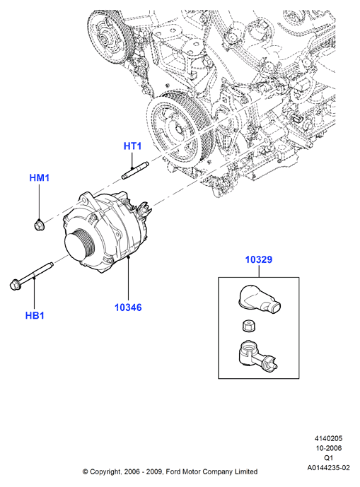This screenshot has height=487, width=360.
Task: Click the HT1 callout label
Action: pyautogui.click(x=132, y=146)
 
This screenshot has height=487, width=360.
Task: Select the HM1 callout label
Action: pyautogui.click(x=40, y=177)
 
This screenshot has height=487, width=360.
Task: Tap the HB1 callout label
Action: pyautogui.click(x=35, y=315)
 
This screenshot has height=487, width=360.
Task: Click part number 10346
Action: pyautogui.click(x=128, y=307)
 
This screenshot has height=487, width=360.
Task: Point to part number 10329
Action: pyautogui.click(x=259, y=259)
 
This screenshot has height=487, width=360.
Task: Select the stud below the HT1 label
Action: pyautogui.click(x=134, y=171)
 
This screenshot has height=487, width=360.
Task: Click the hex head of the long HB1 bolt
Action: pyautogui.click(x=15, y=285)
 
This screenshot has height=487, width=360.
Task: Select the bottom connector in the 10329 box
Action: pyautogui.click(x=257, y=356)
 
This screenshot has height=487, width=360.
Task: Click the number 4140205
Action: pyautogui.click(x=328, y=438)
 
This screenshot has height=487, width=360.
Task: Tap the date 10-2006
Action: pyautogui.click(x=328, y=448)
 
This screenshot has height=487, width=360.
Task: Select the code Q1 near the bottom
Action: pyautogui.click(x=328, y=458)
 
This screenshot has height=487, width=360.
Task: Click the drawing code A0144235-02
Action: pyautogui.click(x=328, y=467)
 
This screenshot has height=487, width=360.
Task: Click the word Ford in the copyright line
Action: pyautogui.click(x=173, y=471)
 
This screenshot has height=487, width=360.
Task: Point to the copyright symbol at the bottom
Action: pyautogui.click(x=85, y=471)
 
